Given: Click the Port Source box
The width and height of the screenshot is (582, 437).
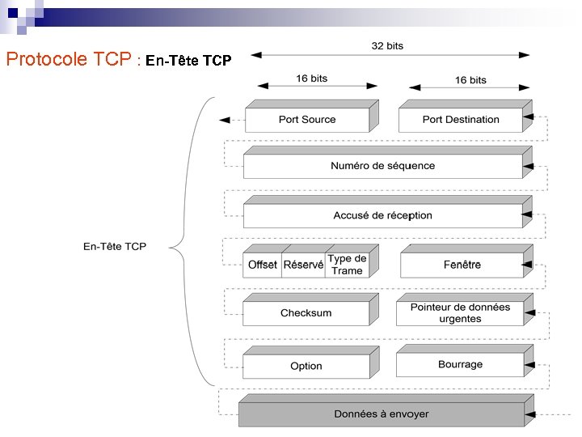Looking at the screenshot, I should click(306, 120).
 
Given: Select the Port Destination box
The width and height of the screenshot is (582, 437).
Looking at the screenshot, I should click(461, 120).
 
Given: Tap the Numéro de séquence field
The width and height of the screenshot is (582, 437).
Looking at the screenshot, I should click(382, 166).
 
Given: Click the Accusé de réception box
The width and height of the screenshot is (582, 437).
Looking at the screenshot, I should click(382, 215).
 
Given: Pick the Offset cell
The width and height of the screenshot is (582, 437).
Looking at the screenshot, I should click(262, 265).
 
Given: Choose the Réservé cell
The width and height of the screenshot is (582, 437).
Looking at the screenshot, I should click(303, 265).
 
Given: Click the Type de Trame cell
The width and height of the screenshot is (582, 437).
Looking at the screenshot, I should click(347, 265).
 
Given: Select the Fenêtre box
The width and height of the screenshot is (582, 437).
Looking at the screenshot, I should click(462, 265).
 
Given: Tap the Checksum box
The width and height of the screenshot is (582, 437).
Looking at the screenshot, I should click(306, 313).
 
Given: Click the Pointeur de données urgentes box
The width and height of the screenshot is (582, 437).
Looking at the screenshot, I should click(460, 313).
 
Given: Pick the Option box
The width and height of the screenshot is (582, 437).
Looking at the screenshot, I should click(306, 366).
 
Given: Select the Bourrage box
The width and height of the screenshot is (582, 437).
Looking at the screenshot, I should click(460, 365).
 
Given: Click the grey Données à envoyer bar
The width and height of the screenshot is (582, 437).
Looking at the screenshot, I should click(382, 414).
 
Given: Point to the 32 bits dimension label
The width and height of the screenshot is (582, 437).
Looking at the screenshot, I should click(387, 46).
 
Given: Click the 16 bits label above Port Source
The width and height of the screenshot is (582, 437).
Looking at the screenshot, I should click(312, 78).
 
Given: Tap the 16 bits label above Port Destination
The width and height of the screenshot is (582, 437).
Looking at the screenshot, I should click(470, 80).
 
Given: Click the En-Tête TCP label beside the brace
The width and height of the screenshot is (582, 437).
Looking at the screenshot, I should click(115, 246).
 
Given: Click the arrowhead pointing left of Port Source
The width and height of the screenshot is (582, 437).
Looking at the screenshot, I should click(224, 121).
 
